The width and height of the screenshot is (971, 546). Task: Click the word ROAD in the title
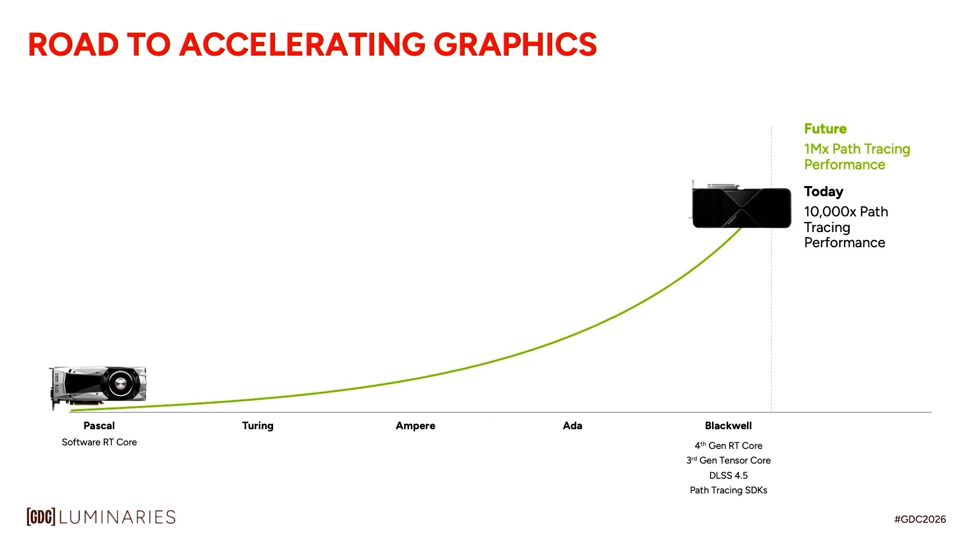point(73,44)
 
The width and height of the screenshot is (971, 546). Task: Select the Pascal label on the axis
point(99,426)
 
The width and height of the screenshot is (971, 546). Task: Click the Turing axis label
point(257,426)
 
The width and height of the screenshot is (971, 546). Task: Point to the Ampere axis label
point(415,426)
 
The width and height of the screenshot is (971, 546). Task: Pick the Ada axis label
point(572,426)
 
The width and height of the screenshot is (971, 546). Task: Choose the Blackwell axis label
point(728,426)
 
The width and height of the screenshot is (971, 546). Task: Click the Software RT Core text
point(99,442)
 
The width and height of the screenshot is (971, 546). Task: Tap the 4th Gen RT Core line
point(728,446)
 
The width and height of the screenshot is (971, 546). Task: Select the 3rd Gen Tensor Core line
point(728,461)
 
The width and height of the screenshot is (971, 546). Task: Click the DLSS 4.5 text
point(728,476)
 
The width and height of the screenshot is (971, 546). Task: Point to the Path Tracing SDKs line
point(728,490)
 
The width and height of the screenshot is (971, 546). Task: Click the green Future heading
point(825,129)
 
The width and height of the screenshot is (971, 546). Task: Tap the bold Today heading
point(824,192)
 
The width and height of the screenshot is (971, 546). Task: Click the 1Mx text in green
point(816,149)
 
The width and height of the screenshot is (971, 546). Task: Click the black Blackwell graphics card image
point(741,207)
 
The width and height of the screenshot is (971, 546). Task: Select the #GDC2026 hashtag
point(920,519)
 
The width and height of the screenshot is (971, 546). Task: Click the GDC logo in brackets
point(40,517)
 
